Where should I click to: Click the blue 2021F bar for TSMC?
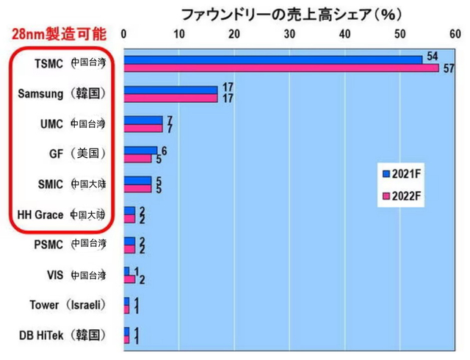coord(272,59)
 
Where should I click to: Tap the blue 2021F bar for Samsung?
coord(170,90)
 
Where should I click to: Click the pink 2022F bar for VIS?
coord(129,280)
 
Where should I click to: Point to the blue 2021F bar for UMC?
coord(142,120)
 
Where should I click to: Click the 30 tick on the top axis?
coord(290,34)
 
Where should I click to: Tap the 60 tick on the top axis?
coord(455,34)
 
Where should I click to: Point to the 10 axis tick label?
coord(179,34)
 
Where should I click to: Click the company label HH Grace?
coord(40,215)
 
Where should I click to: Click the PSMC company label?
coord(48,245)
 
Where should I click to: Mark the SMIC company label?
coord(49,184)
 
